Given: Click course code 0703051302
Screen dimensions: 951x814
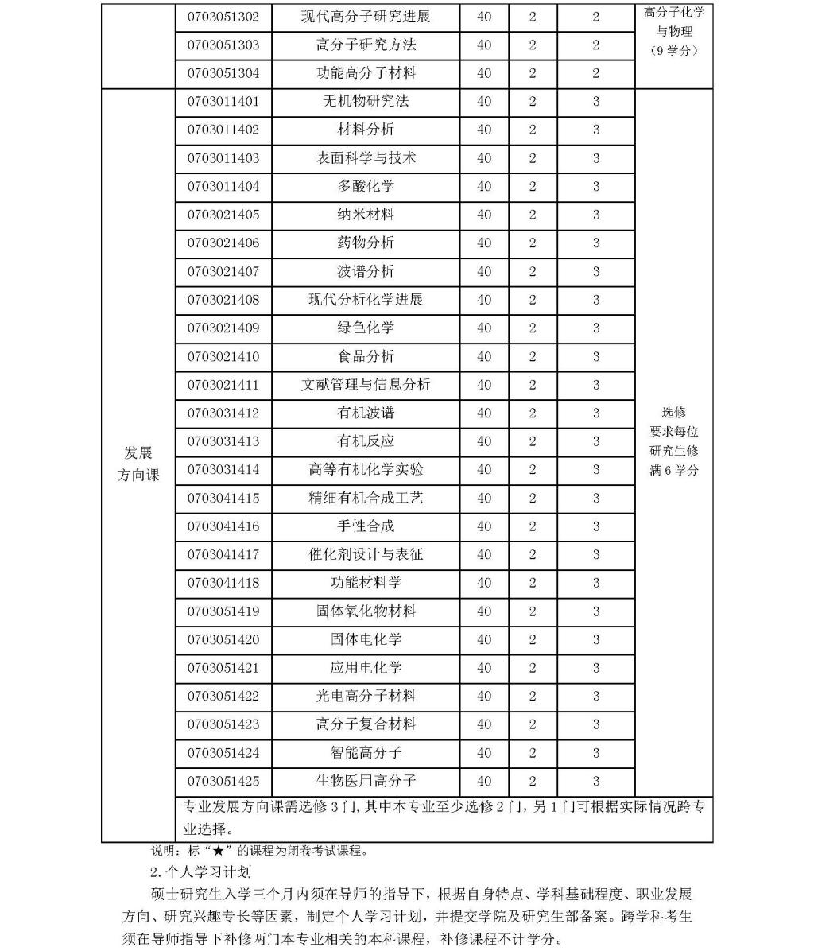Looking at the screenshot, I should [x=223, y=17].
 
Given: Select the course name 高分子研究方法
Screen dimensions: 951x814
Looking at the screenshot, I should [x=366, y=45].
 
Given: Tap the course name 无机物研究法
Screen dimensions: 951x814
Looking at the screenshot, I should [x=366, y=102].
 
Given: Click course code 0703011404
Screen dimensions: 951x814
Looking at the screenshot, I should [x=223, y=187].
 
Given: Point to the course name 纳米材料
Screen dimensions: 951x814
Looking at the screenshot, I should [x=366, y=215].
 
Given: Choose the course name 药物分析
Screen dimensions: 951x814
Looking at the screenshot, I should [x=366, y=243].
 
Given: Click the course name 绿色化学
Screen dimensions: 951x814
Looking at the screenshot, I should [x=366, y=328].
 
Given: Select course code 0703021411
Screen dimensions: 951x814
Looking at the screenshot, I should [x=223, y=385].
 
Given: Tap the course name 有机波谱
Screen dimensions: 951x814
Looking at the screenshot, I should [x=366, y=413].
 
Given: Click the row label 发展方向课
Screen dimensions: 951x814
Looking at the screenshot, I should [x=138, y=464].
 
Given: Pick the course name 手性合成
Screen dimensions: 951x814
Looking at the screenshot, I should [x=366, y=526].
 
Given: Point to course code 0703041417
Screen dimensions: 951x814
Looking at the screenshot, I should [x=223, y=554].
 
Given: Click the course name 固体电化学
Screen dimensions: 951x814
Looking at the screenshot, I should [x=366, y=639].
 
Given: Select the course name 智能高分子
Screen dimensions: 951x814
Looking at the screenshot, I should [x=366, y=752].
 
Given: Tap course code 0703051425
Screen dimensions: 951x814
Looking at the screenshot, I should [x=223, y=781].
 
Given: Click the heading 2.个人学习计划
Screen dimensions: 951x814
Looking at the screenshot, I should [x=200, y=872].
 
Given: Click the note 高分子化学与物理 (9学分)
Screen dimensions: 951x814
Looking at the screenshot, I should [x=674, y=32].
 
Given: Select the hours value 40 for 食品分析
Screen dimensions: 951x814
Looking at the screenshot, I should [x=484, y=356].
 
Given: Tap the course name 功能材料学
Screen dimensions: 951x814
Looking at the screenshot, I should [x=366, y=583].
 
